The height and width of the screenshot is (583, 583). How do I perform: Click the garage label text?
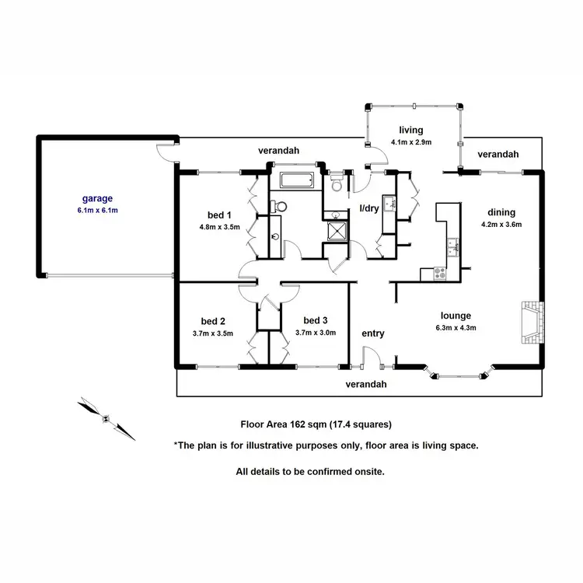pyautogui.click(x=99, y=198)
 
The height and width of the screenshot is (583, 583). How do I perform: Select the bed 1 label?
pyautogui.click(x=218, y=215)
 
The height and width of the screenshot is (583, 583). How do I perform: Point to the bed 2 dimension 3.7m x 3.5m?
pyautogui.click(x=212, y=333)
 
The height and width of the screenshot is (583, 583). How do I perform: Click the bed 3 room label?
pyautogui.click(x=316, y=320)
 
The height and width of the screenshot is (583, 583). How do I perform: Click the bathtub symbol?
pyautogui.click(x=296, y=182)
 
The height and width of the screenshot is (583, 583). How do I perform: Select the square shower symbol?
pyautogui.click(x=338, y=231)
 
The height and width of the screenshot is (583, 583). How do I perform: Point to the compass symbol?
pyautogui.click(x=105, y=417)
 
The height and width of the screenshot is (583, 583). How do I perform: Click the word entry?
pyautogui.click(x=373, y=333)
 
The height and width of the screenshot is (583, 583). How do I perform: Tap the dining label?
pyautogui.click(x=501, y=212)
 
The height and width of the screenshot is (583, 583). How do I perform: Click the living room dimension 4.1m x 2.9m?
pyautogui.click(x=410, y=142)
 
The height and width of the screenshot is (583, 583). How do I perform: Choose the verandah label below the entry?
pyautogui.click(x=366, y=384)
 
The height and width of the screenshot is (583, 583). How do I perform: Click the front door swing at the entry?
pyautogui.click(x=372, y=358)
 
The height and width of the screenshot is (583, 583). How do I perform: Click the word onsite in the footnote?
pyautogui.click(x=368, y=471)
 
